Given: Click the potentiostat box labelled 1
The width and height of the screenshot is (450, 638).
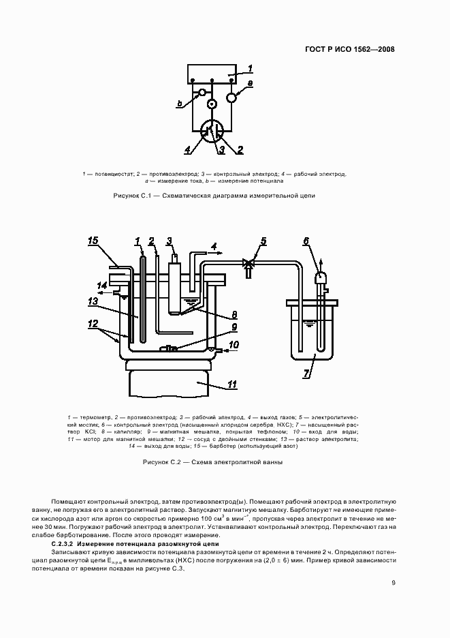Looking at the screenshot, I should pos(214,73).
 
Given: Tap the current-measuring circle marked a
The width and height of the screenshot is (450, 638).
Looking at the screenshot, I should pos(232,97).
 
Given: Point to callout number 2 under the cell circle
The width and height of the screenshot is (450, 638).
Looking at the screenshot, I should pos(240,149).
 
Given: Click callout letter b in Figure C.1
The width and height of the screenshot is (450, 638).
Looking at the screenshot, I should pos(179,104).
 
